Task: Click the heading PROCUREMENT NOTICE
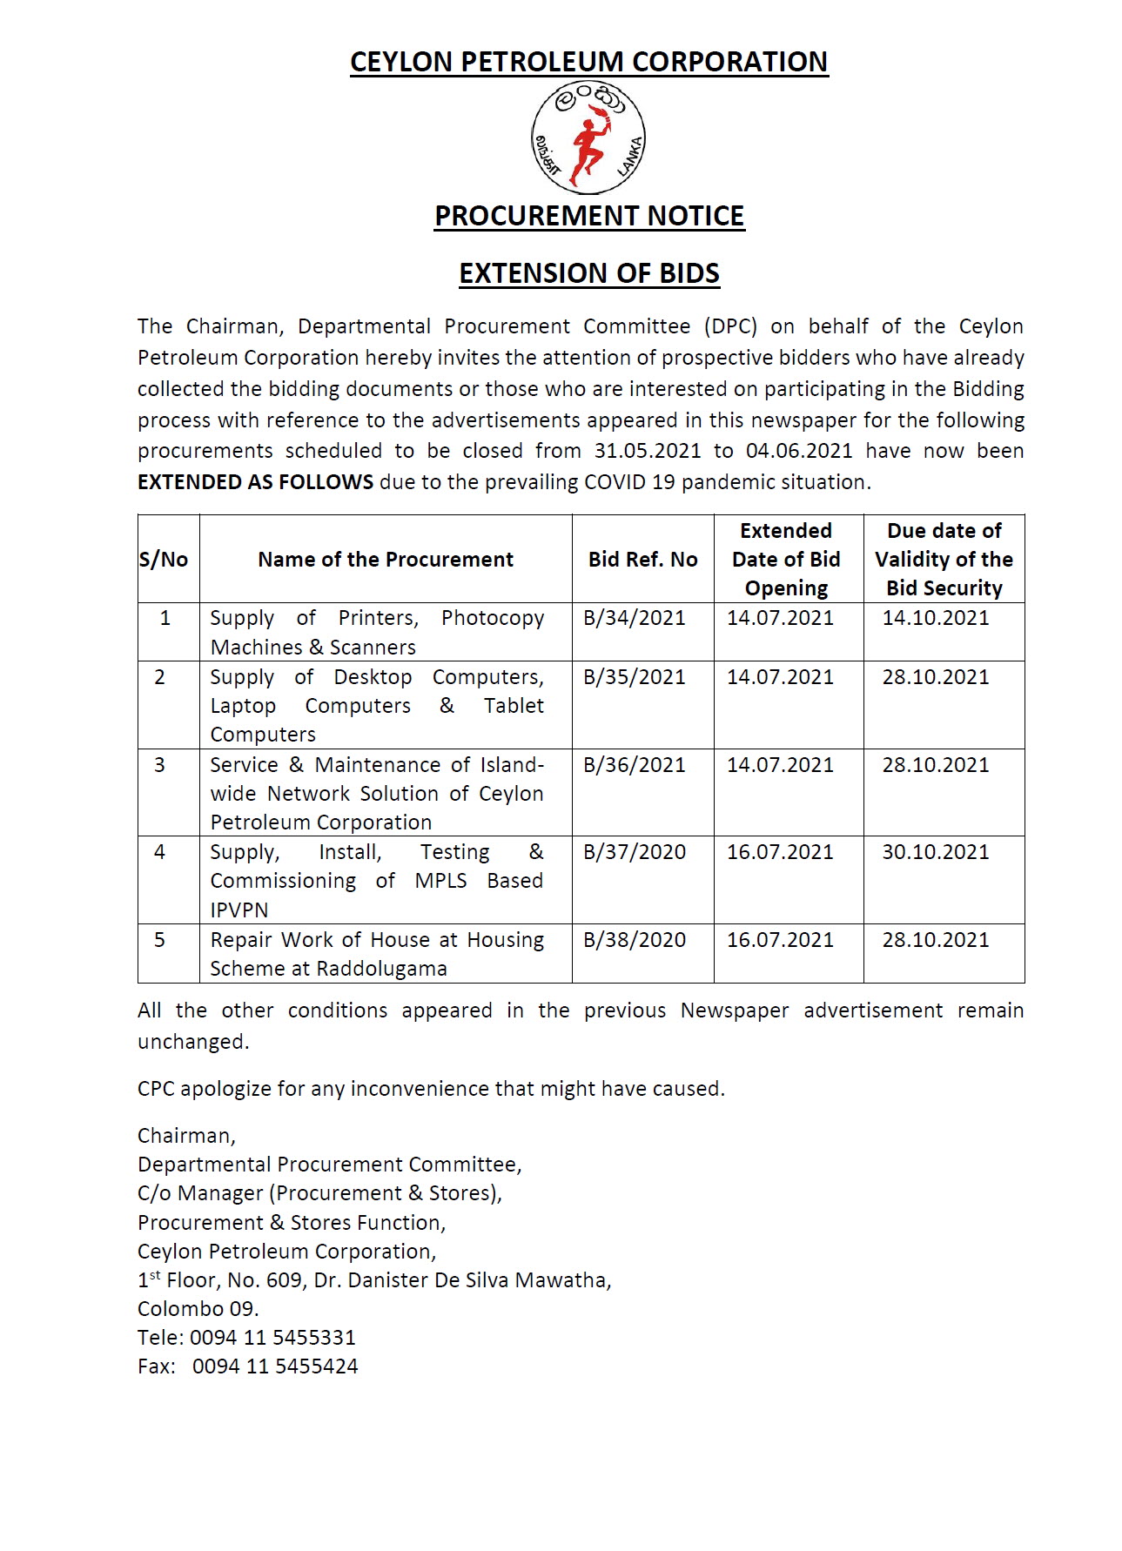click(589, 216)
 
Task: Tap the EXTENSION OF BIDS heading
click(589, 273)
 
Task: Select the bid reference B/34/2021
click(634, 618)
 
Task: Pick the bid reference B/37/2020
click(634, 852)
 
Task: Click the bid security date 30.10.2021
click(936, 852)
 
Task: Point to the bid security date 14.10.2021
click(936, 618)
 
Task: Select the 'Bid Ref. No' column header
click(642, 560)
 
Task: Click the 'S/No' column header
click(164, 560)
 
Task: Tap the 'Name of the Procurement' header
click(386, 560)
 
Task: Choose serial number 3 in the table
click(159, 765)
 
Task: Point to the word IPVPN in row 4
click(239, 910)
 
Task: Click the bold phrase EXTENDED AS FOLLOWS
click(255, 482)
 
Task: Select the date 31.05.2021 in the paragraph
click(648, 451)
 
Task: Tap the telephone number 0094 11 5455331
click(272, 1338)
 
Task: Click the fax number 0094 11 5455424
click(275, 1366)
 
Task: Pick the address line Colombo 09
click(198, 1309)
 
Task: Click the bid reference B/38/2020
click(634, 940)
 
